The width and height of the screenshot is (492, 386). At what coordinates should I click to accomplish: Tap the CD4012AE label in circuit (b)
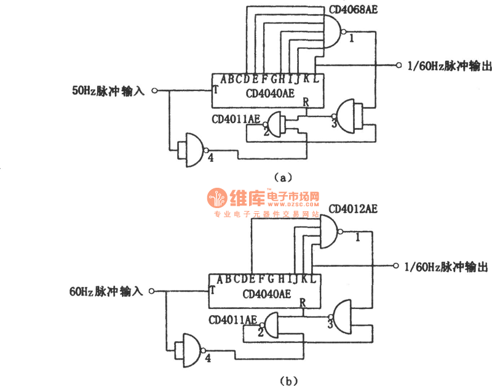(351, 209)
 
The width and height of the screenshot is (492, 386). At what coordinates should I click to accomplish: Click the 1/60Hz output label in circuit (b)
(446, 267)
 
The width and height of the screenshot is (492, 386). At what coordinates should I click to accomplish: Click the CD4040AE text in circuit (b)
(267, 294)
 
